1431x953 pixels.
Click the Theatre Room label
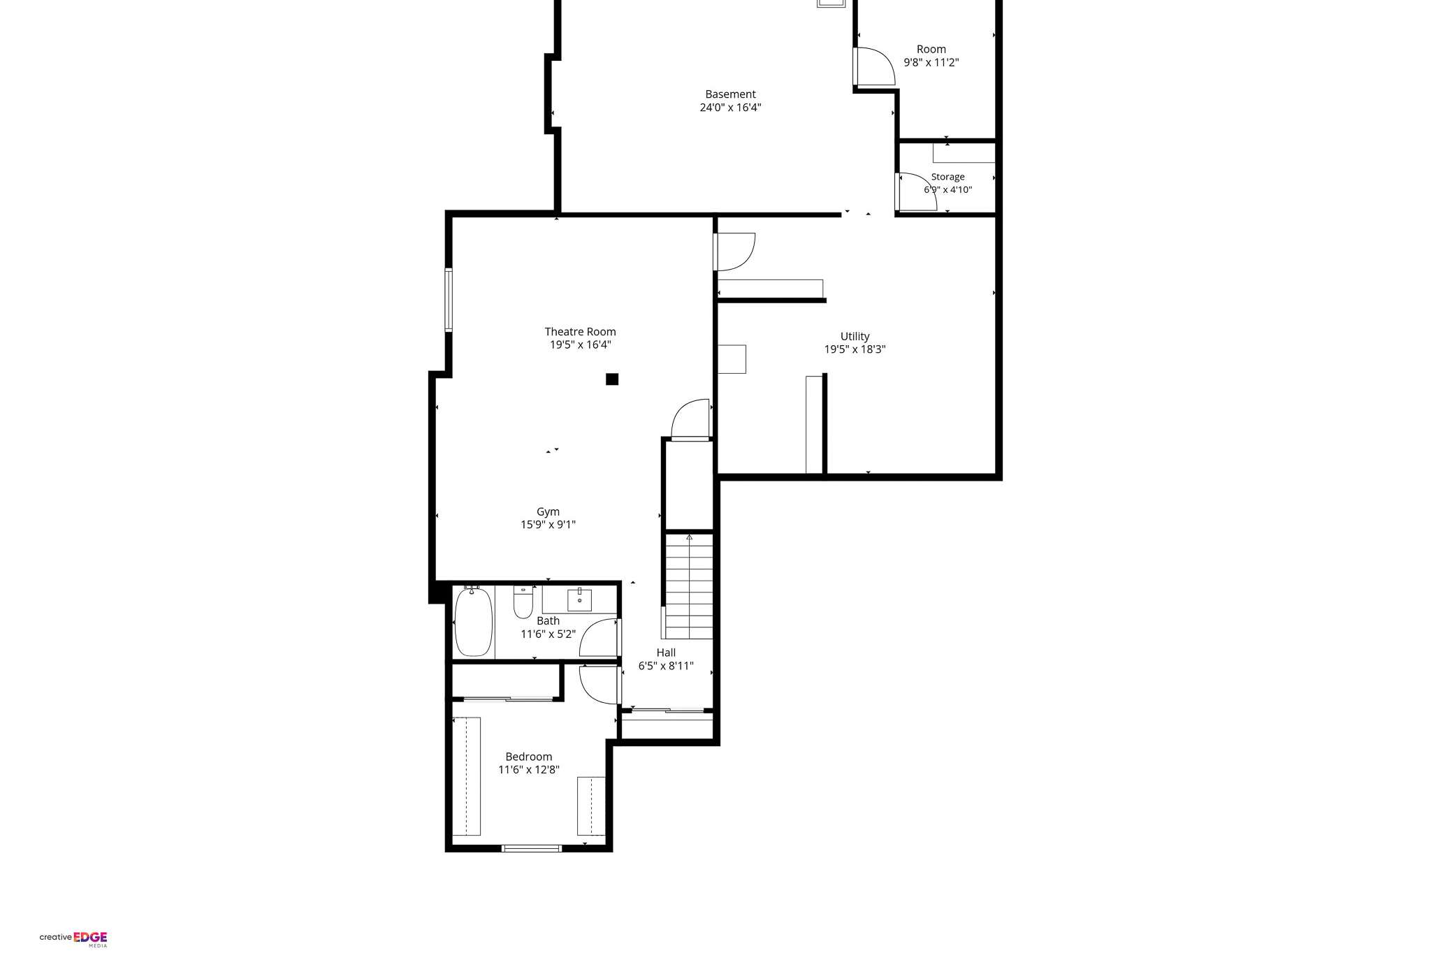tap(580, 332)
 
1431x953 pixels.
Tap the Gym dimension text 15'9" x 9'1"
tap(548, 525)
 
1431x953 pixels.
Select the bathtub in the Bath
tap(474, 622)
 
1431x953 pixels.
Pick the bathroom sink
tap(579, 600)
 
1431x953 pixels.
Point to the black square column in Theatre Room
tap(612, 379)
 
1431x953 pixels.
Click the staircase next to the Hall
tap(689, 586)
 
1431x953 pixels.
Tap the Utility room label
tap(855, 337)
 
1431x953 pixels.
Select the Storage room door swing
tap(917, 191)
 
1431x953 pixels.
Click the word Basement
tap(730, 94)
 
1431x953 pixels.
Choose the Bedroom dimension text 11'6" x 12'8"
tap(528, 770)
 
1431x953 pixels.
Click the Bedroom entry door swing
tap(600, 685)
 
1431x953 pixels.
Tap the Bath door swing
tap(600, 638)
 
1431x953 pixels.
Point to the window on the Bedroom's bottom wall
tap(531, 848)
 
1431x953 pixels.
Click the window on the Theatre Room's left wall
tap(449, 300)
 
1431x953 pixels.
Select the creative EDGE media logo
tap(73, 938)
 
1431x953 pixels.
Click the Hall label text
tap(666, 653)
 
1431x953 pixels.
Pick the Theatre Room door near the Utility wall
tap(690, 419)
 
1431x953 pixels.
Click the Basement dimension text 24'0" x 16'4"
tap(730, 108)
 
